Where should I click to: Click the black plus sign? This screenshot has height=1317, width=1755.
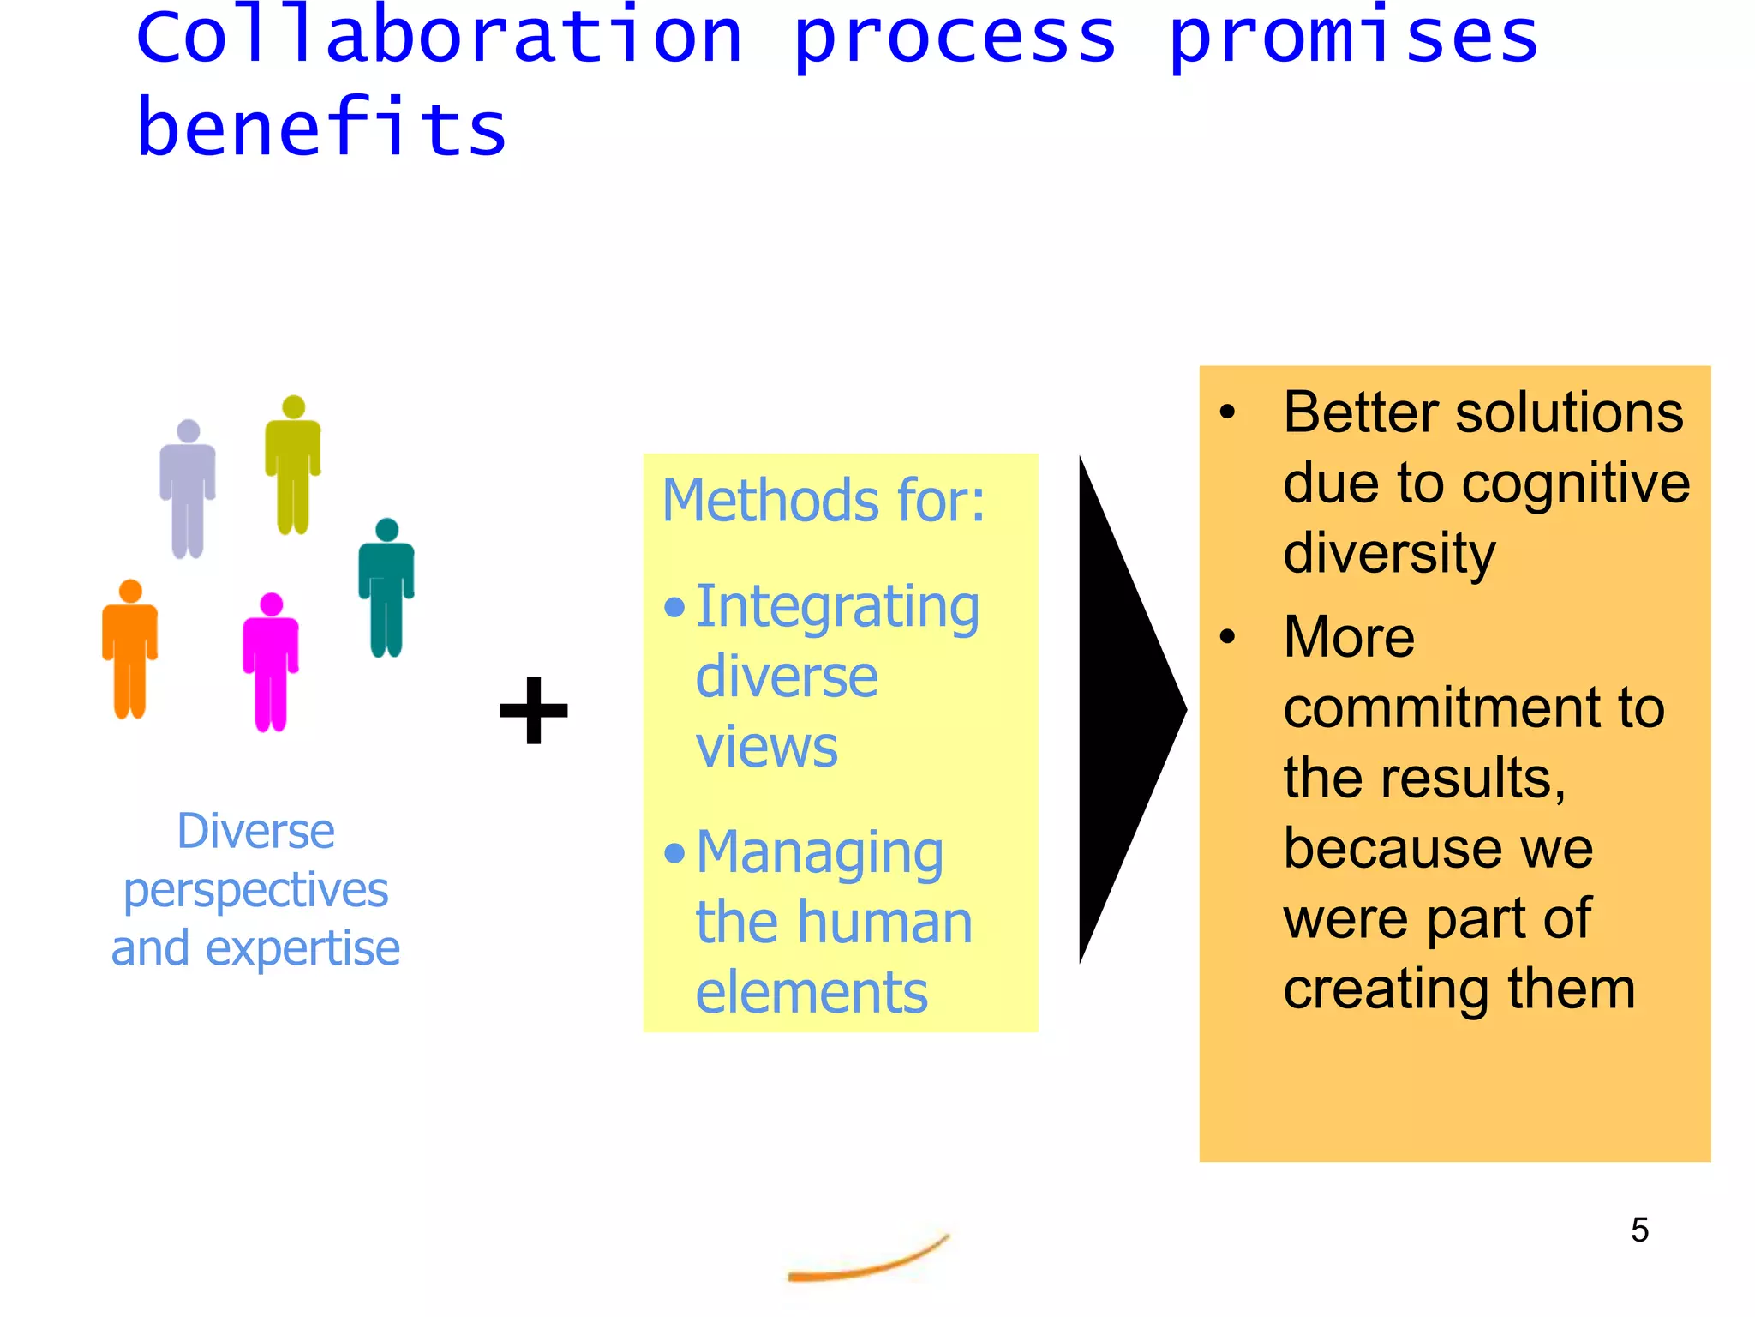(x=534, y=710)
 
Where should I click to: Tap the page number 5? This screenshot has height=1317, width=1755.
(x=1639, y=1230)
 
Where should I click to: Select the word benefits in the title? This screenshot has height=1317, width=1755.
(x=322, y=129)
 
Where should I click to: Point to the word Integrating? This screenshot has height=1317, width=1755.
(x=837, y=607)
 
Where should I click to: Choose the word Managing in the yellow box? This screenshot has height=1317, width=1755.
(x=819, y=853)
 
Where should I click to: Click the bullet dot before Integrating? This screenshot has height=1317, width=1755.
(x=674, y=607)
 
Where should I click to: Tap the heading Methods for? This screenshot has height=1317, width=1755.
(x=824, y=501)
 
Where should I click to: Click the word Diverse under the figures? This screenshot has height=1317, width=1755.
(x=255, y=832)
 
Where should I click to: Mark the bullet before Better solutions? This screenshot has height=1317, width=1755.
(x=1228, y=412)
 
